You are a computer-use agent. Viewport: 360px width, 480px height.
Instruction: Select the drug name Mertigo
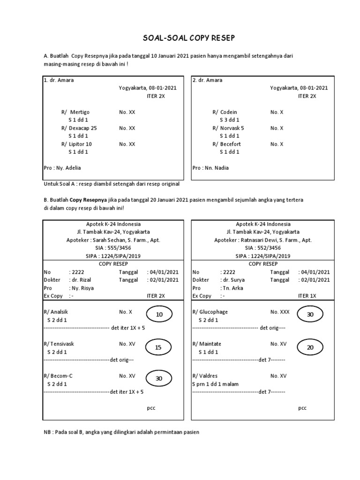point(80,112)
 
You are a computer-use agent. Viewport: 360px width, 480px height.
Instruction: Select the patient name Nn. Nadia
point(217,168)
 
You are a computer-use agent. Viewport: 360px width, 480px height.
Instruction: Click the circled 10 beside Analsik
point(159,315)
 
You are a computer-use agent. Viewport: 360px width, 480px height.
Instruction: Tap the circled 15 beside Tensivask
point(158,347)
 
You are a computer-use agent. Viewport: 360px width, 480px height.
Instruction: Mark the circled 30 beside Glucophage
point(310,315)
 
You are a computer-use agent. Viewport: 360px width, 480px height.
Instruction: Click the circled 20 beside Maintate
point(310,347)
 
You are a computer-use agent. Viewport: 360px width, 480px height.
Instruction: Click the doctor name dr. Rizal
point(82,280)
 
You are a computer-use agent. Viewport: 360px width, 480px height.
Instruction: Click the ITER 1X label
point(307,296)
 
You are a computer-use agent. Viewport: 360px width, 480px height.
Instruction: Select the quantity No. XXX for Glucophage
point(280,312)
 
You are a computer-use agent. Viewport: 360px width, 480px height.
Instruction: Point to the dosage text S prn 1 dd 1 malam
point(215,384)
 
